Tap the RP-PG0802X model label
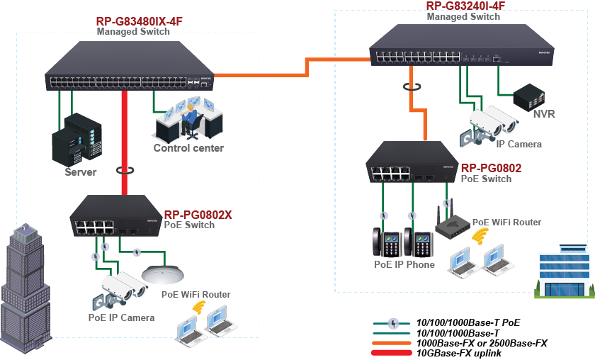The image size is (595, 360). (x=198, y=215)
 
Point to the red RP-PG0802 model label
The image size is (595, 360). (x=491, y=168)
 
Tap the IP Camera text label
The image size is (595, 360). (x=518, y=145)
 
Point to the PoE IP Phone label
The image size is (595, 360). (x=404, y=264)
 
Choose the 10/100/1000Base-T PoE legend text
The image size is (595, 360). (x=468, y=322)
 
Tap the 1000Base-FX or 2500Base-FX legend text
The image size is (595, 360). (x=482, y=342)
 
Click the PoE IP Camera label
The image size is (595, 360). (x=121, y=317)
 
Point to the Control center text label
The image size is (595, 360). (x=188, y=148)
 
